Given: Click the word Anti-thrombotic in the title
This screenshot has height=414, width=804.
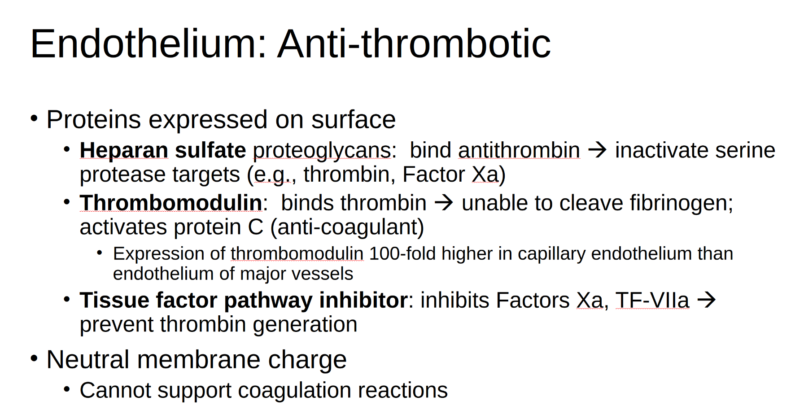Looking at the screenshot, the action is click(x=414, y=44).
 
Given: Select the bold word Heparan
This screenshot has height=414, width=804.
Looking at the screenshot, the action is click(x=124, y=150).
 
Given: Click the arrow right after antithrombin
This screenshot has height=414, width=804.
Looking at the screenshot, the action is click(x=597, y=150).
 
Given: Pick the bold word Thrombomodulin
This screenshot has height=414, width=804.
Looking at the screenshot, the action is click(x=171, y=203).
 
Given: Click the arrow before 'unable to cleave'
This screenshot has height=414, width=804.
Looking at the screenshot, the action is click(x=444, y=203).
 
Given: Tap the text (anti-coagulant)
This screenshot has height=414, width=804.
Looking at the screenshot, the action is click(x=347, y=227).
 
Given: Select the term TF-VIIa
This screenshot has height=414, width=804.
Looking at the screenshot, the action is click(x=652, y=300).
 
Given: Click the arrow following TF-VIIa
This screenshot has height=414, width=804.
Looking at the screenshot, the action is click(x=707, y=300).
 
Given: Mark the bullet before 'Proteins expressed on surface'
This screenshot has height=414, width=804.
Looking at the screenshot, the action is click(x=34, y=118).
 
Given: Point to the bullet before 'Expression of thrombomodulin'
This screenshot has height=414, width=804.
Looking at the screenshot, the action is click(x=100, y=253).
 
